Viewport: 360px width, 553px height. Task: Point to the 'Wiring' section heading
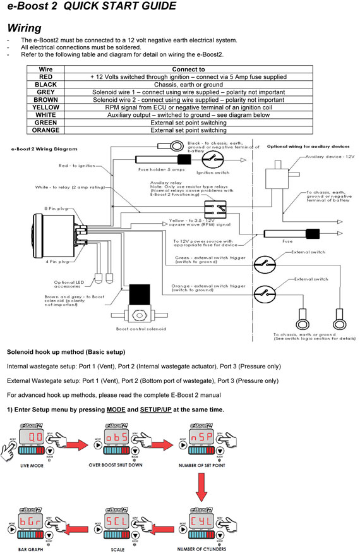point(24,28)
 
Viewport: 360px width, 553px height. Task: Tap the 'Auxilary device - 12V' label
point(328,156)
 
